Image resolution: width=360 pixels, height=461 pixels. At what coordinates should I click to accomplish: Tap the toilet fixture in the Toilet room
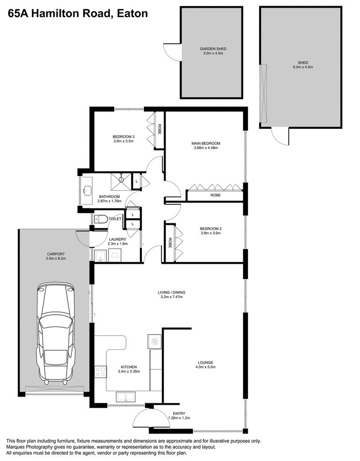coord(101,219)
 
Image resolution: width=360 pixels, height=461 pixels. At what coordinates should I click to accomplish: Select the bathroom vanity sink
coord(86,190)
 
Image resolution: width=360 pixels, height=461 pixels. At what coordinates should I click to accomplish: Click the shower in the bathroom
coord(121,182)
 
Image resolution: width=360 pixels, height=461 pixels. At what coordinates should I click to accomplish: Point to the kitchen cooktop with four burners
coord(100,371)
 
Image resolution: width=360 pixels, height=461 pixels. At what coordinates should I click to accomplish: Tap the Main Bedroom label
coord(206,144)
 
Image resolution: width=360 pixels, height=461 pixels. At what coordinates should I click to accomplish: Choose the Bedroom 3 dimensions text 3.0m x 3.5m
coord(123,141)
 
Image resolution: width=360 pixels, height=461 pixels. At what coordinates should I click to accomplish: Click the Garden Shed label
coord(213,49)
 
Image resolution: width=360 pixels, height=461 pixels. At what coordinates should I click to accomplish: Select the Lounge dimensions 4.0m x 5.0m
coord(205,367)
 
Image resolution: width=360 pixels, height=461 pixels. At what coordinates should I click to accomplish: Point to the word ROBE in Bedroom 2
coord(170,243)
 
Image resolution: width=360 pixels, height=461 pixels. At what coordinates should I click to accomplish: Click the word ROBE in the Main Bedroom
coord(216,195)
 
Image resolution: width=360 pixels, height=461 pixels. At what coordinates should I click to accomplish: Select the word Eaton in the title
coord(132,14)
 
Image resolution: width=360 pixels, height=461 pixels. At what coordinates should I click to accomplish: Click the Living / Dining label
coord(171,293)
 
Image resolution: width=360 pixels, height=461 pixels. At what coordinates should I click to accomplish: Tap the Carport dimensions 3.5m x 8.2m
coord(56,258)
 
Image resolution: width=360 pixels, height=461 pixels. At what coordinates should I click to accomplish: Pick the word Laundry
coord(117,240)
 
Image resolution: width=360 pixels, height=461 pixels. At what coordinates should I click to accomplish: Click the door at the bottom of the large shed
coord(280,136)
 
